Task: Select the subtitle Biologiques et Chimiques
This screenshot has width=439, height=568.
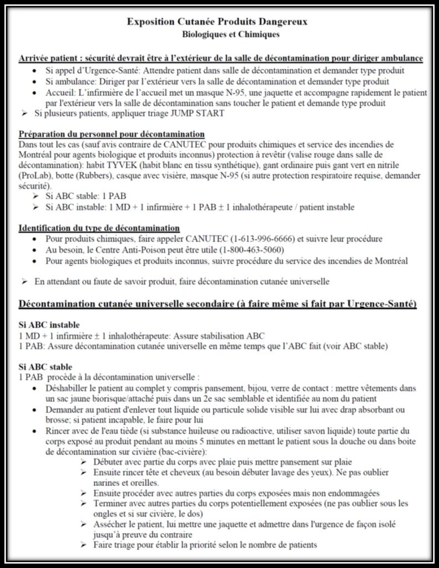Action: [224, 34]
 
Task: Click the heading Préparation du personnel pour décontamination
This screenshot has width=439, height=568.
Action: [112, 134]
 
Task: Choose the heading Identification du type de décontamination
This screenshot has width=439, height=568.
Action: [99, 229]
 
